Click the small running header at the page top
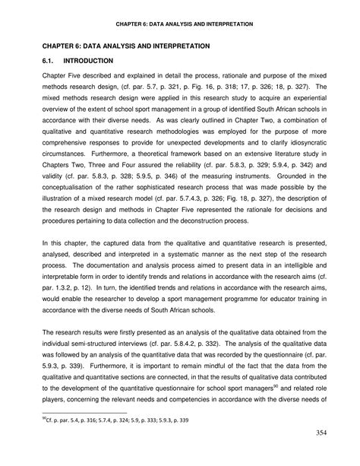pyautogui.click(x=180, y=24)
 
